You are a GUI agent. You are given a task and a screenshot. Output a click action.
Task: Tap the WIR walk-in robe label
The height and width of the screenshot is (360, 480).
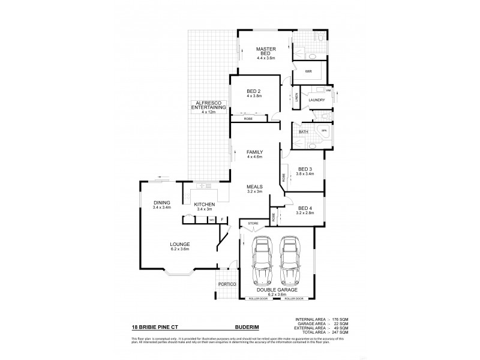[308, 71]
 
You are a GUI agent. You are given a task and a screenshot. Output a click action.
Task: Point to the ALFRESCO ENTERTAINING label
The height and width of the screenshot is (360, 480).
[208, 107]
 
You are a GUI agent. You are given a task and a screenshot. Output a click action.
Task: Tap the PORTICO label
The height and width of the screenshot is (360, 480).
[227, 283]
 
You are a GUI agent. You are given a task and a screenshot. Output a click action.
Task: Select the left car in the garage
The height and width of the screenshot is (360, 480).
[262, 262]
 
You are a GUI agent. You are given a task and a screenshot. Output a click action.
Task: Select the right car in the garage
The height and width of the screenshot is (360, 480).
[290, 262]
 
